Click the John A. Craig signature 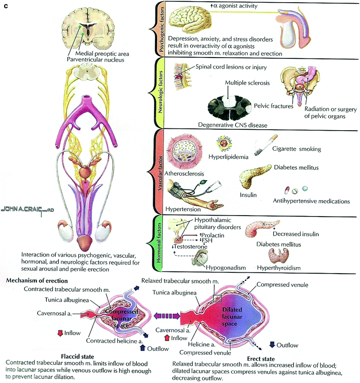coord(27,208)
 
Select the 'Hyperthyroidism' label coord(279,268)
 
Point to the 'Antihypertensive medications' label coord(312,201)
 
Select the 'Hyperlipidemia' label coord(228,157)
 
